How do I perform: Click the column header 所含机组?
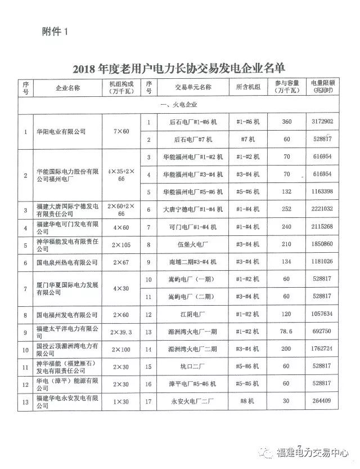pyautogui.click(x=248, y=87)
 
